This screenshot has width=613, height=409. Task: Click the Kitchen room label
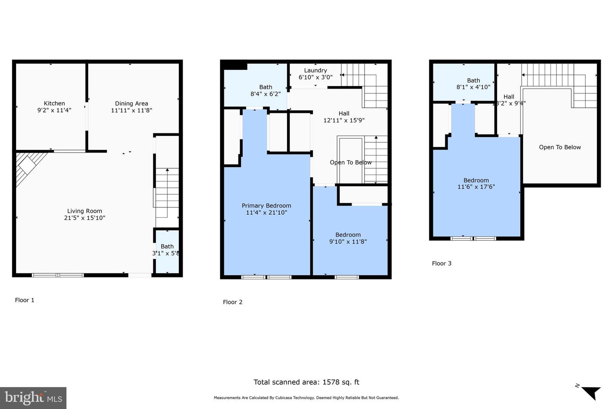[54, 104]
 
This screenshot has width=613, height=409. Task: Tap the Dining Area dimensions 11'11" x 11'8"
[132, 110]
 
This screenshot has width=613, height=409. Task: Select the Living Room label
[84, 211]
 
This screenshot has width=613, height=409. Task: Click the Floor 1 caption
[25, 300]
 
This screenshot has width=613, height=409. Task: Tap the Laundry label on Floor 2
[315, 70]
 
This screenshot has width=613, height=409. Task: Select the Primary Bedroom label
[266, 206]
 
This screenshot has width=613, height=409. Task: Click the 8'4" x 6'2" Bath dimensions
[266, 94]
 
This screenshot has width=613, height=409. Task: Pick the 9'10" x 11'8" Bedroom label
[348, 238]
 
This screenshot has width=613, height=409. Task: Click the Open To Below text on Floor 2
[351, 162]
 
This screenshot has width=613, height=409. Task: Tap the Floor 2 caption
[232, 302]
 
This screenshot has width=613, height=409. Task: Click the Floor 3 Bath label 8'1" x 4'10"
[473, 84]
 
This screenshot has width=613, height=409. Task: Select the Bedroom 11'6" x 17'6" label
[476, 184]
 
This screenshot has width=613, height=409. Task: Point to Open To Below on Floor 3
[560, 147]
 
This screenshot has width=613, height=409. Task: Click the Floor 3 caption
[441, 263]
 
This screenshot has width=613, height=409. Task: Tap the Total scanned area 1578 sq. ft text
[306, 382]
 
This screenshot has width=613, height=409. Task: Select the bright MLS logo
[33, 398]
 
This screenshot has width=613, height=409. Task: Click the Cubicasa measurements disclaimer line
[306, 398]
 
